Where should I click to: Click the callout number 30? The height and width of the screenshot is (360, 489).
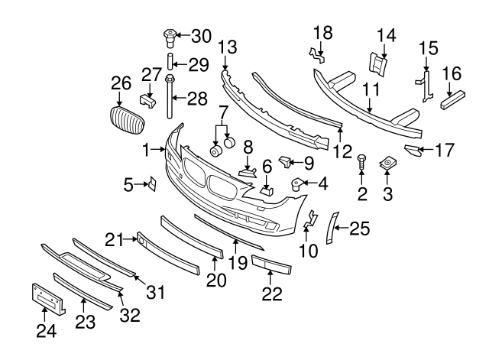click(x=199, y=36)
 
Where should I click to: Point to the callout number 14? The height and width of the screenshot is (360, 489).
click(x=387, y=34)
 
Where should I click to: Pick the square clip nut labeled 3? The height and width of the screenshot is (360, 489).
click(x=387, y=164)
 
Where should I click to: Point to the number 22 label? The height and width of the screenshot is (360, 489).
click(x=273, y=292)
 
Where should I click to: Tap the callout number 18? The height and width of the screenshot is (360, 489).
click(x=322, y=32)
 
